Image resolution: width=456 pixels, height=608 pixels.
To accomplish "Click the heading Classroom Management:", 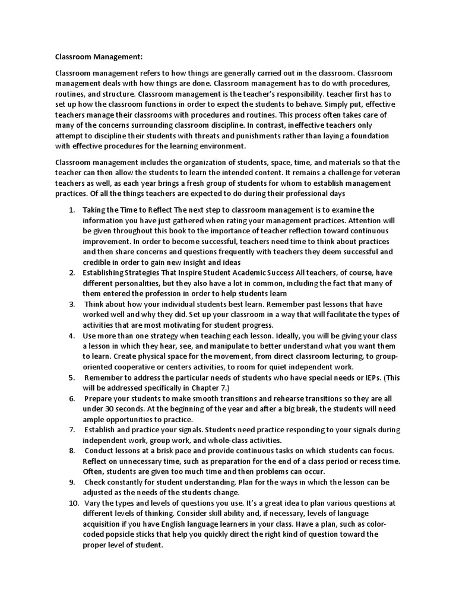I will (x=99, y=58).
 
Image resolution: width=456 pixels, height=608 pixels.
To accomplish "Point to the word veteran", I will (x=378, y=172).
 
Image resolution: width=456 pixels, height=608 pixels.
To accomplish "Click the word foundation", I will (x=373, y=136).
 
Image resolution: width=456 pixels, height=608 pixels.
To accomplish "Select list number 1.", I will (x=71, y=210).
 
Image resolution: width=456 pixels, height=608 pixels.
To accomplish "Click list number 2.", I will (x=71, y=274).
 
